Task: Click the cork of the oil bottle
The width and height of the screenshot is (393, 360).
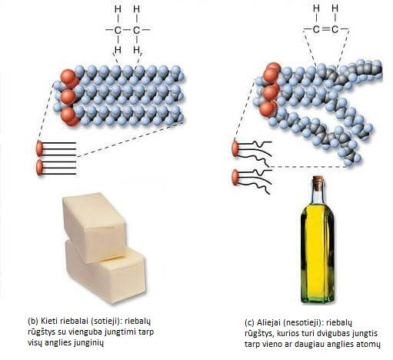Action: [318, 178]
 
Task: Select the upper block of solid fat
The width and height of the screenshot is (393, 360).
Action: [95, 227]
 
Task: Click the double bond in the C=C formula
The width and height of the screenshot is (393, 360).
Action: [325, 29]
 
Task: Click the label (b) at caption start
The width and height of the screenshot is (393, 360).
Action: [33, 321]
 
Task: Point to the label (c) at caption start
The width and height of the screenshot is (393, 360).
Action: [250, 322]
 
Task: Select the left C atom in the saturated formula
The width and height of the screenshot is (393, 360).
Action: [118, 30]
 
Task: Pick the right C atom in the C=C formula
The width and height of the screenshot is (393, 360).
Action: [335, 29]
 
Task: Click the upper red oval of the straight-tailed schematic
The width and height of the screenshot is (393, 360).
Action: [40, 148]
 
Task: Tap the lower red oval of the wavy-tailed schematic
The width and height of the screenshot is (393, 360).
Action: [235, 177]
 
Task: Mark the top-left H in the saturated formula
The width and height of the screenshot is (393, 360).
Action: [118, 9]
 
